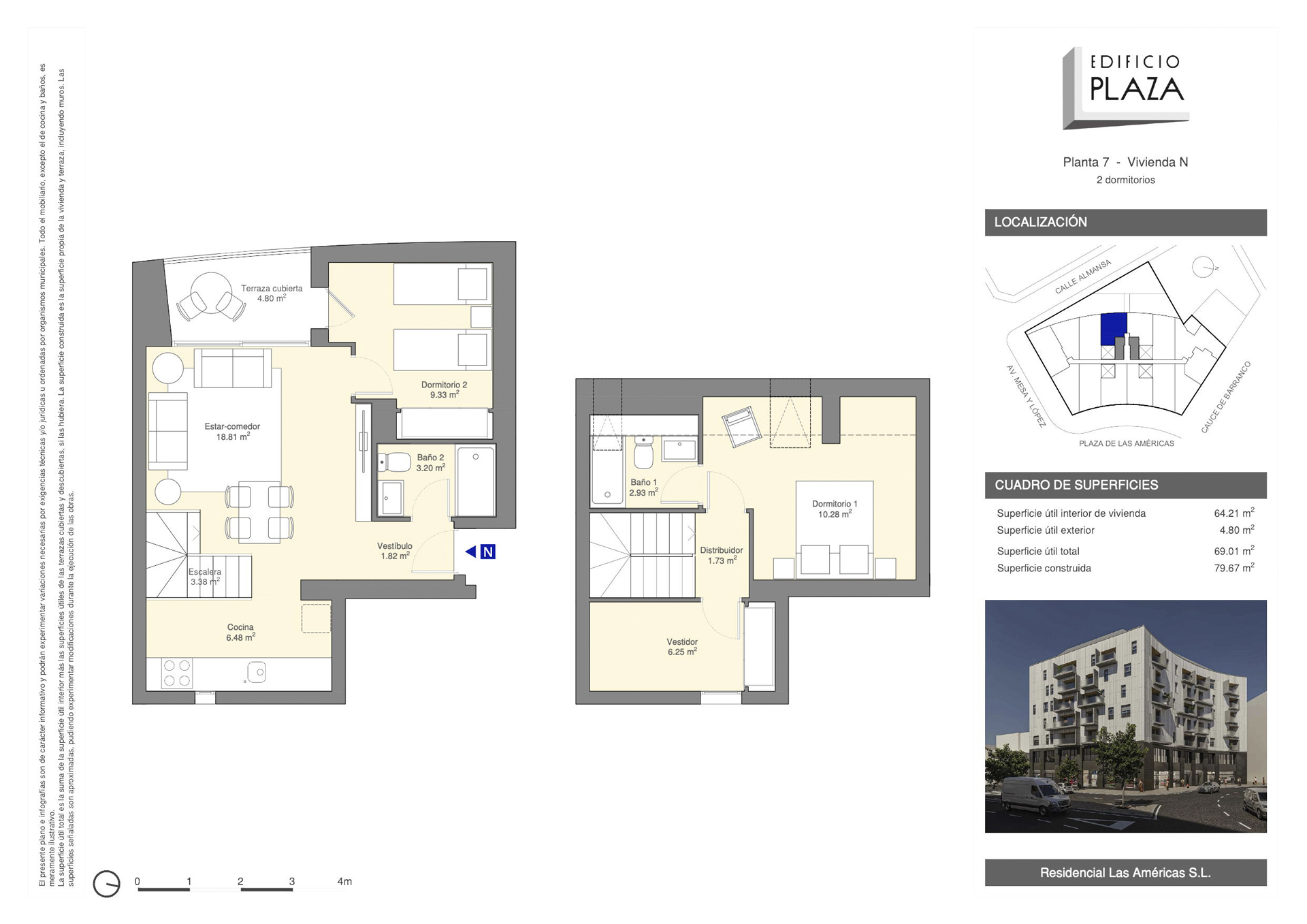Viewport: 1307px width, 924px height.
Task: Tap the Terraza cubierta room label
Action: point(272,293)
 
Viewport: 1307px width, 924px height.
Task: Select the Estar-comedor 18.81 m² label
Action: point(232,432)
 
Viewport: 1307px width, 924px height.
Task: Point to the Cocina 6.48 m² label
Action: point(240,632)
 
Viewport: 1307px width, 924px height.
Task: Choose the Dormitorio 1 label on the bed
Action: point(835,509)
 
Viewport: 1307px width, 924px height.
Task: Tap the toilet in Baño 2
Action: point(393,462)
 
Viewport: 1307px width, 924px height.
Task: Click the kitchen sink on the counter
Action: point(257,673)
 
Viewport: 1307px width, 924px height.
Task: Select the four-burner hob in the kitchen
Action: point(177,673)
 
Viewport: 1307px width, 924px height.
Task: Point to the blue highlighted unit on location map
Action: point(1114,329)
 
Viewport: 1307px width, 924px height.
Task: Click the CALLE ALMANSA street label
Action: point(1082,276)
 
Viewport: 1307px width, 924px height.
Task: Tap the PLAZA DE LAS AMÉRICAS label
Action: point(1127,443)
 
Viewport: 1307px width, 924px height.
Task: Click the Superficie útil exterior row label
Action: point(1046,530)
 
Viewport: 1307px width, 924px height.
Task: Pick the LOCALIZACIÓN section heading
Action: point(1040,222)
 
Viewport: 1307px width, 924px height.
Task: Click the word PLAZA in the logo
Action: point(1137,89)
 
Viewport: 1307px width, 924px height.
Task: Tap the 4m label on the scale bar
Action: point(344,881)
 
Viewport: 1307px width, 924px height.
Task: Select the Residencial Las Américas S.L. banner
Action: point(1125,872)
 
